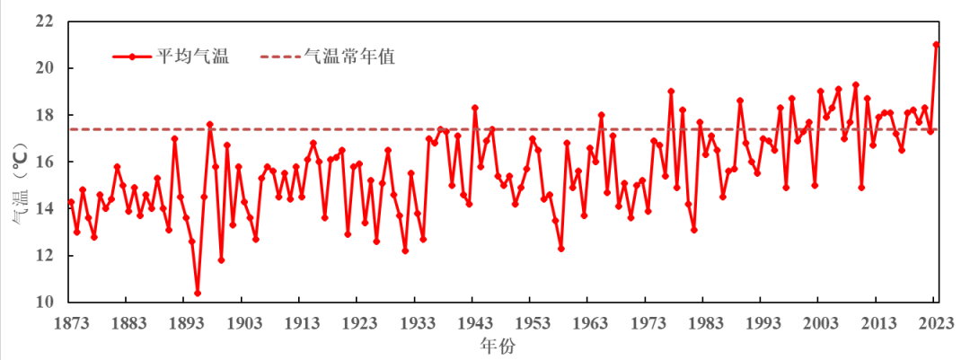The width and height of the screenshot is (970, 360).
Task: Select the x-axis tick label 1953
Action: (533, 323)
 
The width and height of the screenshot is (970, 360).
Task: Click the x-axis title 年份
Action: (497, 345)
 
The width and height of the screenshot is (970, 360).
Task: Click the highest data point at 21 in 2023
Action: (936, 45)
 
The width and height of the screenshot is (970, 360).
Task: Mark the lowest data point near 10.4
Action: (198, 293)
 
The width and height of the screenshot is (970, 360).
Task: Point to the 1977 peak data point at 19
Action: (671, 92)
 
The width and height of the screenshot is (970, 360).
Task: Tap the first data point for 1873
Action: (71, 202)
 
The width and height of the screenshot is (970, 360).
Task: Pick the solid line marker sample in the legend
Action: (132, 57)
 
